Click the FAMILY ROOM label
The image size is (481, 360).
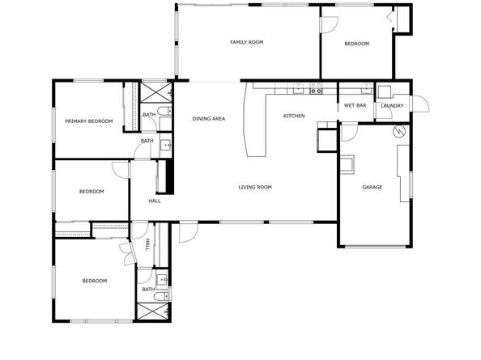246,42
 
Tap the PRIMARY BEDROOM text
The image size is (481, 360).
88,121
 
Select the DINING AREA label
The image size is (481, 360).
208,119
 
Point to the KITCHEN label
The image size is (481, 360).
293,116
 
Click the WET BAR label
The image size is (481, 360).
355,106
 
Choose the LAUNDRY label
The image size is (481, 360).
392,106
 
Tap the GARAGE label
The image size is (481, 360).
372,188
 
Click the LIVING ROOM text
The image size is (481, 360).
254,188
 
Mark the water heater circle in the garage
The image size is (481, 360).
398,131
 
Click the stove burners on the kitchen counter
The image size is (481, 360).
316,85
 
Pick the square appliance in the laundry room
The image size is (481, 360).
384,91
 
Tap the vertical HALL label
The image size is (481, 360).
147,244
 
